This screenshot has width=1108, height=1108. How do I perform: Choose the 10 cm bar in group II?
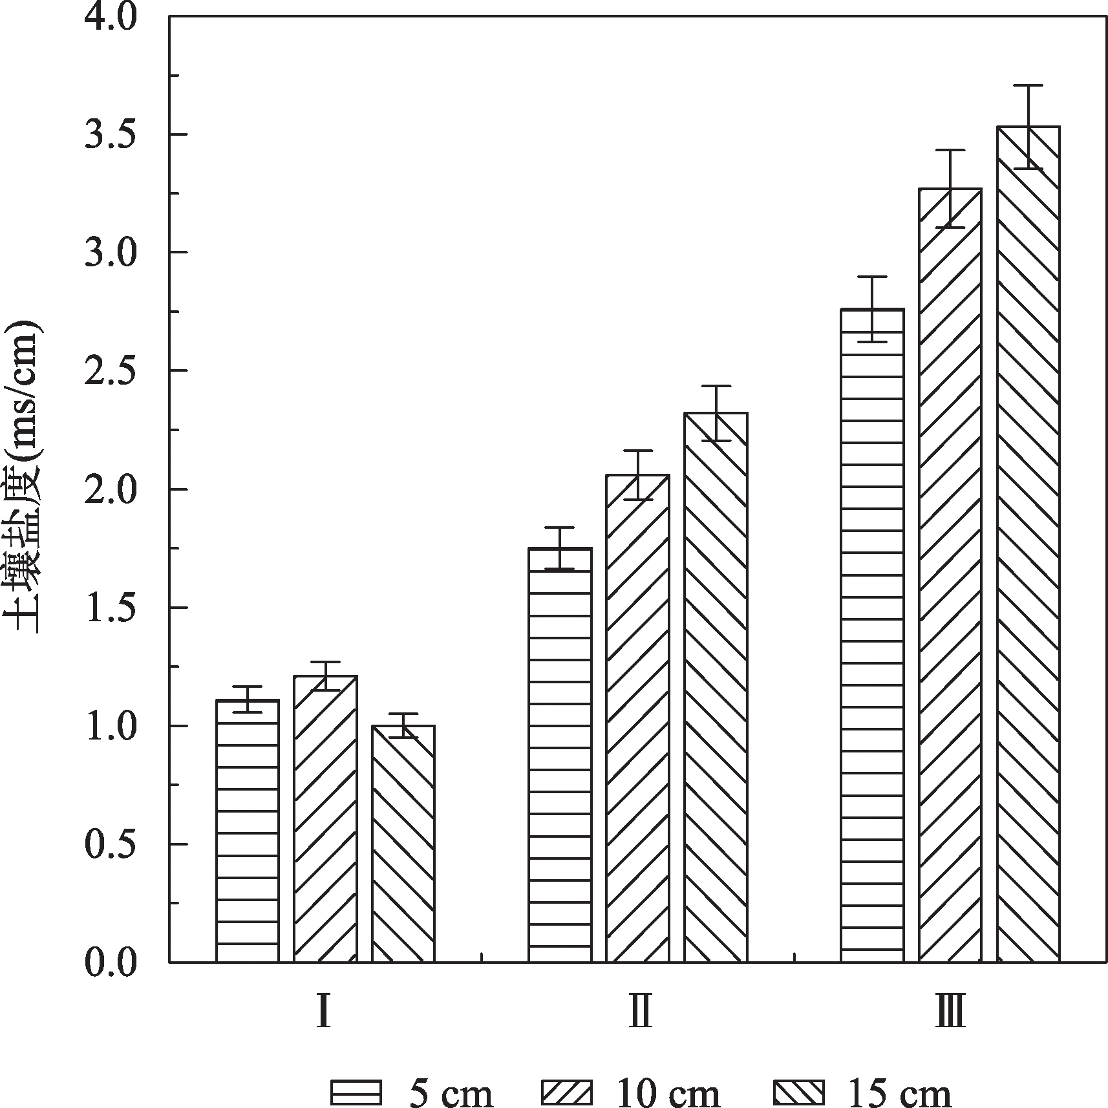(x=637, y=718)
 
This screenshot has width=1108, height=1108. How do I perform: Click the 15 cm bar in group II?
(x=716, y=688)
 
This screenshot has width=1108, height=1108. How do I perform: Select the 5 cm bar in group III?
(x=872, y=636)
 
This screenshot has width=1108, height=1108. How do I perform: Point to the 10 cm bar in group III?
(x=950, y=575)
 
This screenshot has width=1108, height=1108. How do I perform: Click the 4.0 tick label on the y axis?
(x=111, y=17)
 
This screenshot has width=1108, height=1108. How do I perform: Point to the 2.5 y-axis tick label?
(x=111, y=371)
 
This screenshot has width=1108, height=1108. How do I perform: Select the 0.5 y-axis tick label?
(x=111, y=844)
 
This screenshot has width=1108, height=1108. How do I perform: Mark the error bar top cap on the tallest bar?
(x=1028, y=85)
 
